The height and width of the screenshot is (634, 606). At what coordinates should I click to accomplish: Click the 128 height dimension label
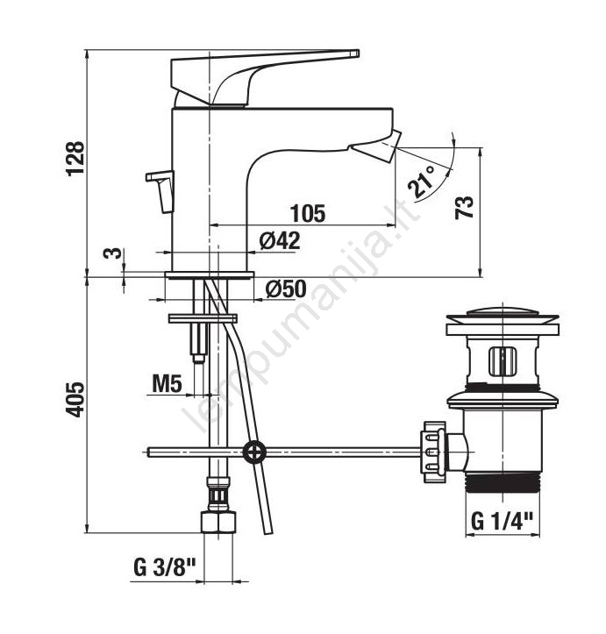point(75,158)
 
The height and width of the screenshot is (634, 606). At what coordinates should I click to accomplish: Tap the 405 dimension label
point(75,399)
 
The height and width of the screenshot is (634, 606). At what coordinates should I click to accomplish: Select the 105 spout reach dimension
point(308,213)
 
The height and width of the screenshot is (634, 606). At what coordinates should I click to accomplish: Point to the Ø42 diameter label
point(280,241)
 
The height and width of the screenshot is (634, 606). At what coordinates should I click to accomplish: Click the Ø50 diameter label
point(286,289)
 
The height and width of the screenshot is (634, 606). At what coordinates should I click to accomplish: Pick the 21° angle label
point(421,182)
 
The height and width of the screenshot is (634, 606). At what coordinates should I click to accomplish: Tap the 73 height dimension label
point(465,208)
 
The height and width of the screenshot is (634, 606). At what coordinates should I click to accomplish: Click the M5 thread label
point(168,384)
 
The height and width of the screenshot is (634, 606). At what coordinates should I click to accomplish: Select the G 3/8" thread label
point(165,568)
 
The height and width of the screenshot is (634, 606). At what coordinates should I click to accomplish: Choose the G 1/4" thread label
point(503,521)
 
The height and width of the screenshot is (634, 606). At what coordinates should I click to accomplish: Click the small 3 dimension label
point(113,253)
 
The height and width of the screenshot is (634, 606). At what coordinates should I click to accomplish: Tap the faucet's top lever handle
point(265,77)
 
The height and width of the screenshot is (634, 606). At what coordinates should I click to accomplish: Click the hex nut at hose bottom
point(218,522)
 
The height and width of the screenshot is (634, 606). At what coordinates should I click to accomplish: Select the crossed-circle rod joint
point(254,452)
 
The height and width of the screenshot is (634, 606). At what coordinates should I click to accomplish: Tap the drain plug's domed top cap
point(503,312)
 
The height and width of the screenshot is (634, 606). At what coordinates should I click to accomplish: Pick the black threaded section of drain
point(503,483)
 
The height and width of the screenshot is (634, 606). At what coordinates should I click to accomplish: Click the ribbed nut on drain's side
point(434,452)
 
